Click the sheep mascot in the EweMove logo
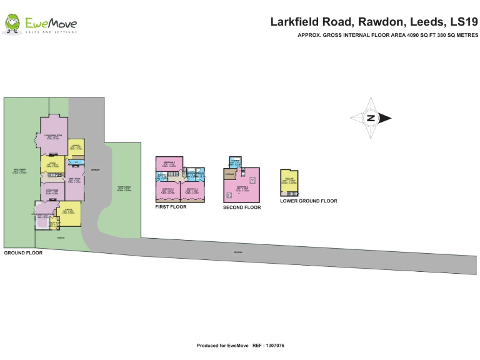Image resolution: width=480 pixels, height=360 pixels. (x=12, y=24)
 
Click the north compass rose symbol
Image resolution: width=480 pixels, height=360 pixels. (x=371, y=117)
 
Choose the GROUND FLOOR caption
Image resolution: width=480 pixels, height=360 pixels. (x=23, y=253)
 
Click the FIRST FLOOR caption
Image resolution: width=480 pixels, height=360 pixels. (x=171, y=206)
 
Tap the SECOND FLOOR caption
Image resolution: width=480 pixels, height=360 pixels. (x=242, y=207)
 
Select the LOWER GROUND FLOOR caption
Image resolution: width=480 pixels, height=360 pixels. (x=308, y=201)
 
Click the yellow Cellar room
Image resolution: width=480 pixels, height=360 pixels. (x=289, y=181)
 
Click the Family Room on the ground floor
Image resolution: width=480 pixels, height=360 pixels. (x=74, y=181)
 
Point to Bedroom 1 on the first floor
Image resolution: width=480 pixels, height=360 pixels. (x=168, y=164)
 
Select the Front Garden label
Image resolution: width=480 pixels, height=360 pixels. (x=124, y=180)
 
